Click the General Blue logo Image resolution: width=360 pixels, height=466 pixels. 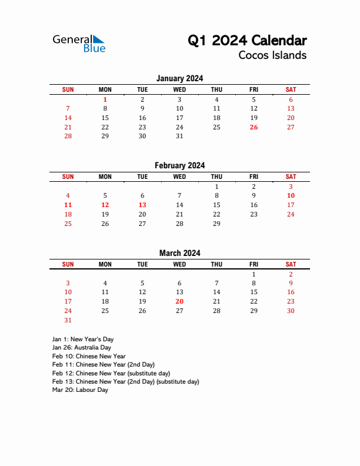click(79, 43)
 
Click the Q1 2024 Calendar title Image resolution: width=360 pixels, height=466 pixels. click(247, 41)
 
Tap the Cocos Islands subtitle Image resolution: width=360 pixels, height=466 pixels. click(272, 55)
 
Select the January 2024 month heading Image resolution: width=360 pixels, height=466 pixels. click(180, 78)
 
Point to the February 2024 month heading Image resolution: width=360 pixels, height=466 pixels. click(180, 166)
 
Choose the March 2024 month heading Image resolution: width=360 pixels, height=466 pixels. click(180, 253)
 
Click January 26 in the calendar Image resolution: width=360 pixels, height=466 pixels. click(254, 127)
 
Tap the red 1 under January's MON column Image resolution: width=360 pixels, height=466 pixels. click(105, 100)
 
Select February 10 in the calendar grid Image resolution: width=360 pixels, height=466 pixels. click(291, 196)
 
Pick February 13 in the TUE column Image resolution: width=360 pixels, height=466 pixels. click(142, 205)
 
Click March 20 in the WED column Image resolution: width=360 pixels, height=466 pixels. click(179, 301)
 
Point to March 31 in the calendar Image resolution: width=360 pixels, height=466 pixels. click(68, 320)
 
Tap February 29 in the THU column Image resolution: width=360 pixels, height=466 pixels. click(216, 224)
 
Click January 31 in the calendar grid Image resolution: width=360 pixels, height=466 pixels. click(179, 136)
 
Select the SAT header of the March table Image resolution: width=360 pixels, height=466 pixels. click(291, 264)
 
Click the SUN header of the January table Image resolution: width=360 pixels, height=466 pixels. click(68, 89)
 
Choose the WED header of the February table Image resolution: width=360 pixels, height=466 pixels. click(179, 177)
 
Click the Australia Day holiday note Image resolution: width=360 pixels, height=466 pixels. click(81, 348)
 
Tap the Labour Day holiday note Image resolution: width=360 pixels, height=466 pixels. click(80, 390)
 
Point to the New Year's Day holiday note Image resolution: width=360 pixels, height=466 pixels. click(82, 339)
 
